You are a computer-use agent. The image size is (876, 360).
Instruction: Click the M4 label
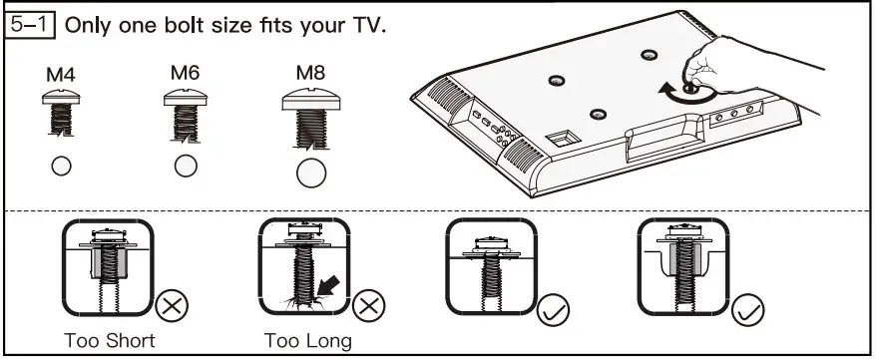pyautogui.click(x=61, y=75)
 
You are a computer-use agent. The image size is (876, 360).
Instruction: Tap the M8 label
pyautogui.click(x=311, y=74)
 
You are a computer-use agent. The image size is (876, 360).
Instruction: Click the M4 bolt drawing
pyautogui.click(x=62, y=113)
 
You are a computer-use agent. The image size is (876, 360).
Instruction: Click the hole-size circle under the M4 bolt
pyautogui.click(x=62, y=166)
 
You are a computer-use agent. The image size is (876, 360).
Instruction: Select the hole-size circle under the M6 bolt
pyautogui.click(x=185, y=165)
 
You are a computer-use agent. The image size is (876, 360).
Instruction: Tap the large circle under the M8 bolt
pyautogui.click(x=311, y=172)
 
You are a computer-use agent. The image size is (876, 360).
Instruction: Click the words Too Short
pyautogui.click(x=109, y=341)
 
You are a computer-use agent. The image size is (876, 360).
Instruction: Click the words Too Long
pyautogui.click(x=308, y=341)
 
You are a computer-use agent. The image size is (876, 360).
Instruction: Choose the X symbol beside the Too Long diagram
pyautogui.click(x=368, y=304)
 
